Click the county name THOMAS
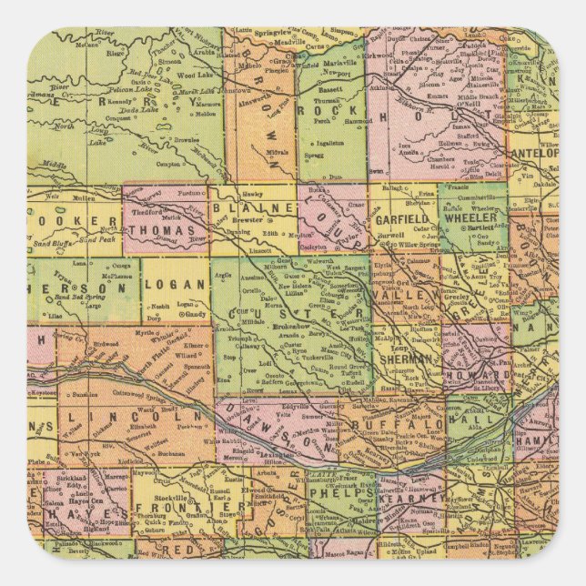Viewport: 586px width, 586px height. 164,229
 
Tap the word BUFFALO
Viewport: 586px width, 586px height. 409,424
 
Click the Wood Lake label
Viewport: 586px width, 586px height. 195,76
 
